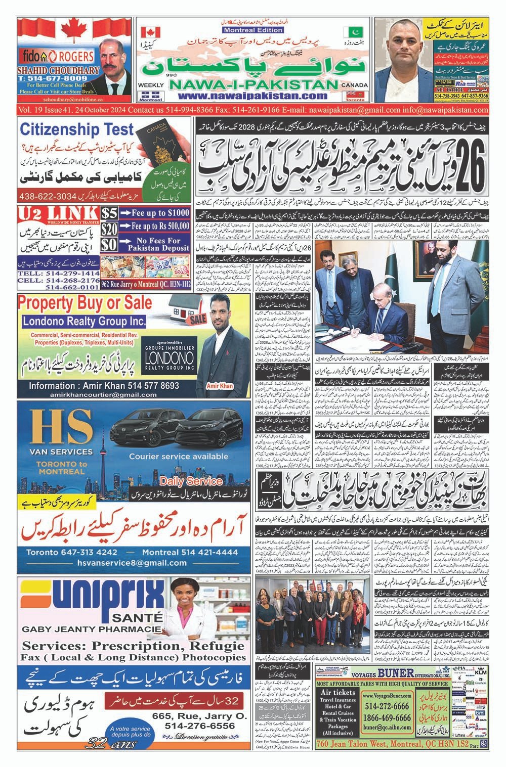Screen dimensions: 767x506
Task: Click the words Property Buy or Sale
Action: [85, 303]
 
